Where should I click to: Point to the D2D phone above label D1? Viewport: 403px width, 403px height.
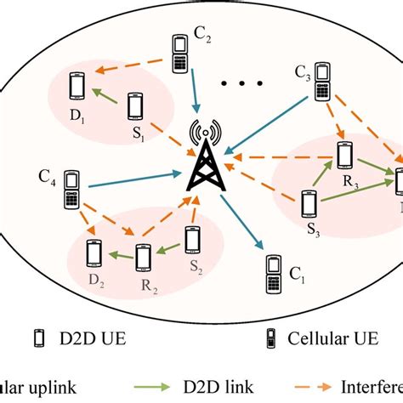[77, 86]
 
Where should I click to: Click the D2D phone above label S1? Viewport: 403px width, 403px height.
[134, 105]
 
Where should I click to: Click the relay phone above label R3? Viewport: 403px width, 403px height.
[344, 155]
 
